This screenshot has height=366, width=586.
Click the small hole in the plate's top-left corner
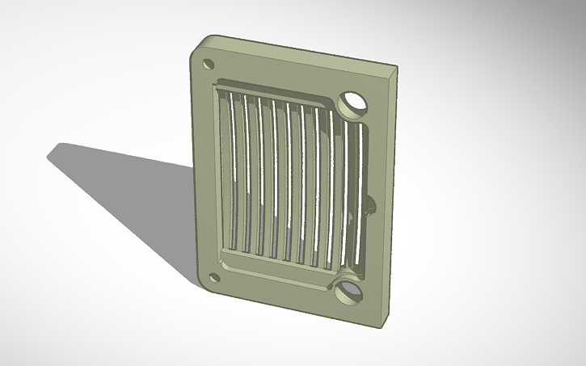tap(208, 63)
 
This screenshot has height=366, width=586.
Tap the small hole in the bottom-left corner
tap(214, 277)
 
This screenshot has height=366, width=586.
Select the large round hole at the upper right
tap(353, 103)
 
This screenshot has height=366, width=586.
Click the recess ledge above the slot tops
tap(275, 91)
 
